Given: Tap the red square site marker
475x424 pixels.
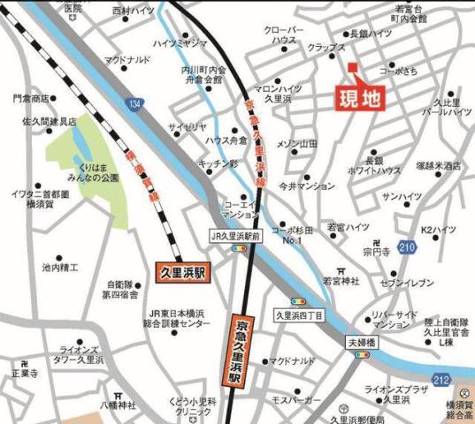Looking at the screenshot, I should (351, 68).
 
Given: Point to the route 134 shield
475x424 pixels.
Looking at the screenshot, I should (134, 105).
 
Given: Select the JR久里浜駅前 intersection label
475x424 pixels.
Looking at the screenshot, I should (235, 236).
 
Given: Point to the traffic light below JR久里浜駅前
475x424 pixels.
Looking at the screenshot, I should (238, 250).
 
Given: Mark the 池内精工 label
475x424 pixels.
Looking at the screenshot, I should (60, 266).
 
